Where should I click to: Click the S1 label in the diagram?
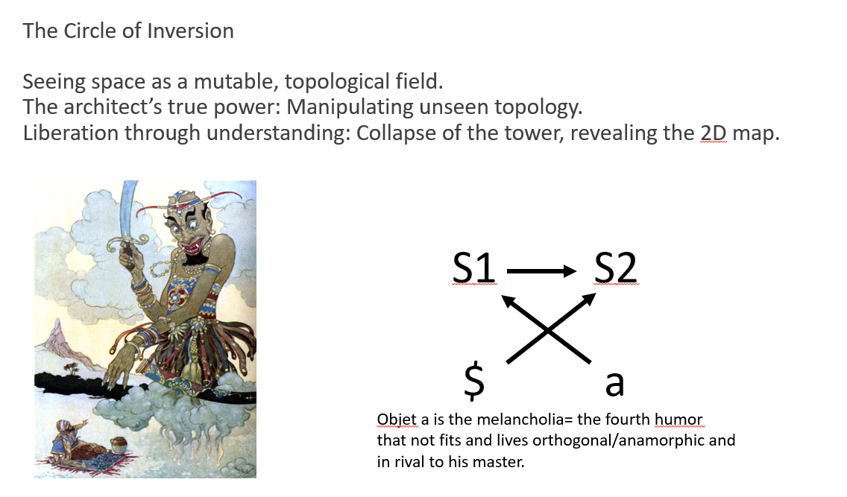(x=473, y=267)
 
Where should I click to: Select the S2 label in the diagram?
(x=615, y=267)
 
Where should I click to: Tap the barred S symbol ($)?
(x=474, y=382)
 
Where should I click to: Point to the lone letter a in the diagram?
(x=614, y=384)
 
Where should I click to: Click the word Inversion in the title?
(x=190, y=31)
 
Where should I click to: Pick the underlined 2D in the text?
(x=714, y=133)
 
